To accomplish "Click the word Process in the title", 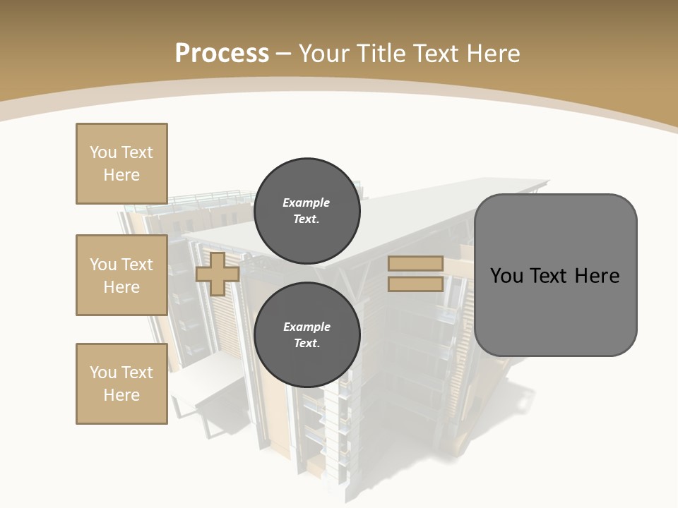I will coord(222,54).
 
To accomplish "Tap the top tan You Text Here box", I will coord(121,164).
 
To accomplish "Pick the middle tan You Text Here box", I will coord(121,275).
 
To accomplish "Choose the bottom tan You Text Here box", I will coord(121,383).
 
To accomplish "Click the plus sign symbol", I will coord(218,274).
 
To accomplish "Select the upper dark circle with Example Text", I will coord(307,211).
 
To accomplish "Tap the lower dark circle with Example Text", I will coord(307,335).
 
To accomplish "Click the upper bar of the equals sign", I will coord(415,263).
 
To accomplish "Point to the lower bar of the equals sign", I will coord(415,284).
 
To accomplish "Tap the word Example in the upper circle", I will coord(307,202).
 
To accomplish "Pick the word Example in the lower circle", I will coord(307,327).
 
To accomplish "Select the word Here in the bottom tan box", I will coord(121,395).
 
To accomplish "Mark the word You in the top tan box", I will coord(103,152).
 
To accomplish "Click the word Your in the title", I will coord(325,54).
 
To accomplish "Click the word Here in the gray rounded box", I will coord(597,276).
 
